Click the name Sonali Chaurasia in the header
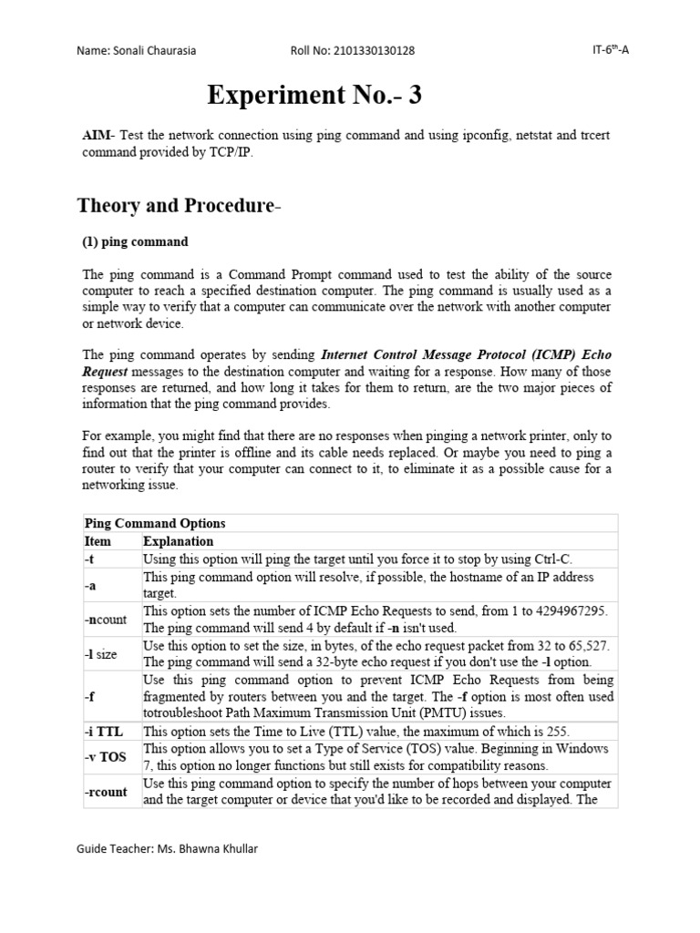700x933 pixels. click(163, 50)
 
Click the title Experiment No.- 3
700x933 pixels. click(314, 94)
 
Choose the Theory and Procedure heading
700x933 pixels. click(180, 205)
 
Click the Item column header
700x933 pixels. click(98, 541)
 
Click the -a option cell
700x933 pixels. click(90, 585)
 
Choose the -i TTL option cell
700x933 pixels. click(103, 731)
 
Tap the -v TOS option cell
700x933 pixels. click(105, 757)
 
